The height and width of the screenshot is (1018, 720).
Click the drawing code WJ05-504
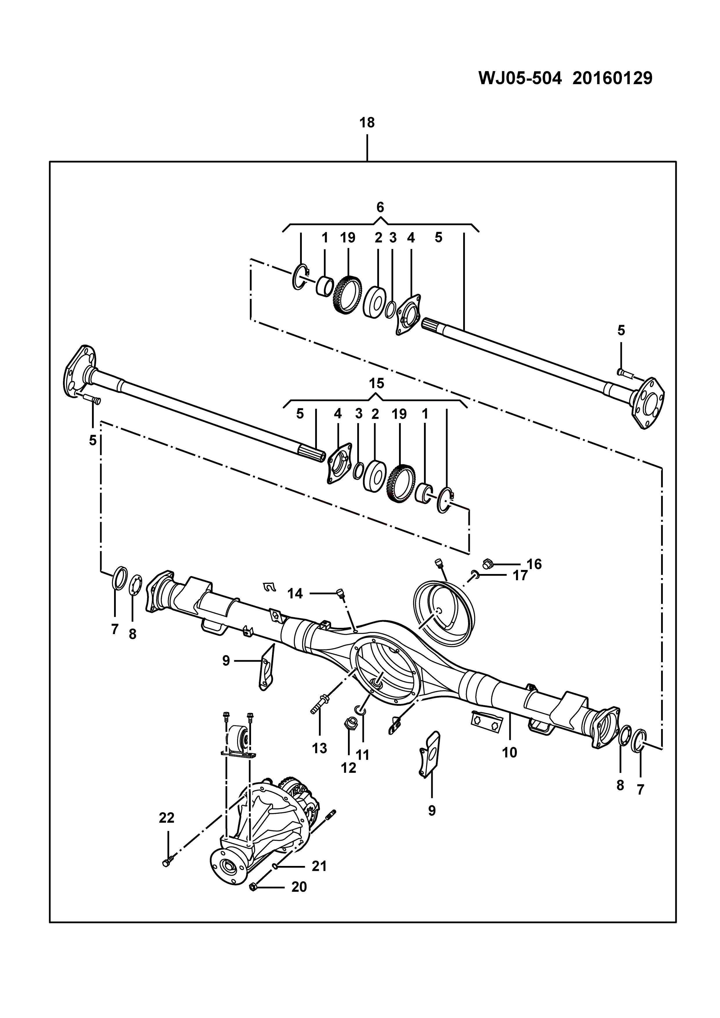(520, 78)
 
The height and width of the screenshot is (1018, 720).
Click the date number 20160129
(612, 78)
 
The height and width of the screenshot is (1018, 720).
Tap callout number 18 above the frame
(367, 122)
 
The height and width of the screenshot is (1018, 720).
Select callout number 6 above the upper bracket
(380, 207)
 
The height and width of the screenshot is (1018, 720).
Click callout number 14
(295, 593)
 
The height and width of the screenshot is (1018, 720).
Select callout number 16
(534, 564)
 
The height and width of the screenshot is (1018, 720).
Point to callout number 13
(319, 748)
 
